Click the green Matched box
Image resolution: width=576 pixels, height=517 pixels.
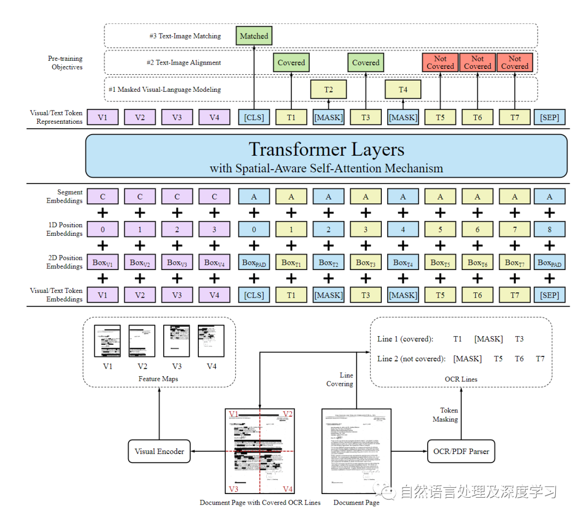pos(254,36)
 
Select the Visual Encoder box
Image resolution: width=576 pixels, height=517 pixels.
pos(159,451)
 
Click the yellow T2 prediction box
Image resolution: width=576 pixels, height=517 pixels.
pos(329,90)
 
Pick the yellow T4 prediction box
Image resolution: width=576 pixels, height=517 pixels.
pos(403,90)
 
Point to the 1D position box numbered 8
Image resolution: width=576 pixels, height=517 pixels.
pos(549,229)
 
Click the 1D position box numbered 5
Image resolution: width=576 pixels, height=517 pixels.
pos(440,229)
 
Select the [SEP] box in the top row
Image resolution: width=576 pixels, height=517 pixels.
pos(549,117)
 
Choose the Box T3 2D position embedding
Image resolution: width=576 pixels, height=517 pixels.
pos(366,263)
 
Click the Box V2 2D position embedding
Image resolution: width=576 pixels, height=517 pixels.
pos(140,263)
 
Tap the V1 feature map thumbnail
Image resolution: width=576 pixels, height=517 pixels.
pos(107,341)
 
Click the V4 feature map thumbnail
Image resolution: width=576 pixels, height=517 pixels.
pos(211,341)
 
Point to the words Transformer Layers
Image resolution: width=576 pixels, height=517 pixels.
pos(326,149)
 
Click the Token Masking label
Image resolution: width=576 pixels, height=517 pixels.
pos(449,415)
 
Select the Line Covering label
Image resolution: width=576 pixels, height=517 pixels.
pos(340,379)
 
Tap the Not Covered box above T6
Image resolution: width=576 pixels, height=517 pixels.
pos(477,63)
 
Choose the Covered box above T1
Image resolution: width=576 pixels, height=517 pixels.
pos(291,63)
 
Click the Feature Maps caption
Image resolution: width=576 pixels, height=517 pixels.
pos(159,378)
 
